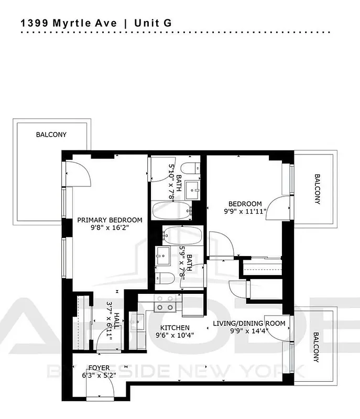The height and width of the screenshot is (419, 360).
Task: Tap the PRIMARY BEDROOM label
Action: click(110, 220)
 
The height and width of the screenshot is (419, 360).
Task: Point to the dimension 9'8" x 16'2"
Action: click(110, 228)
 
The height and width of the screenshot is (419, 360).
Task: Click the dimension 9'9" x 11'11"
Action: click(245, 212)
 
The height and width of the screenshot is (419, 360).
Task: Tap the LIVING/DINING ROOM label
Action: click(249, 323)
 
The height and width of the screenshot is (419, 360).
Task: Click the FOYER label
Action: click(99, 367)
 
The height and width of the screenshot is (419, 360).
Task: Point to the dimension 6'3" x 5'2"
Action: click(99, 375)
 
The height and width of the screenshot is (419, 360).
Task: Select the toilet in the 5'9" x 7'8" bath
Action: click(163, 278)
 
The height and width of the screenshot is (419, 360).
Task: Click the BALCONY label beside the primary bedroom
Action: click(51, 135)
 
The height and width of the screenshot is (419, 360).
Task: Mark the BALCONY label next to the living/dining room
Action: click(317, 347)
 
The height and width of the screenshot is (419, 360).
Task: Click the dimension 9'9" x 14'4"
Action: click(249, 331)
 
